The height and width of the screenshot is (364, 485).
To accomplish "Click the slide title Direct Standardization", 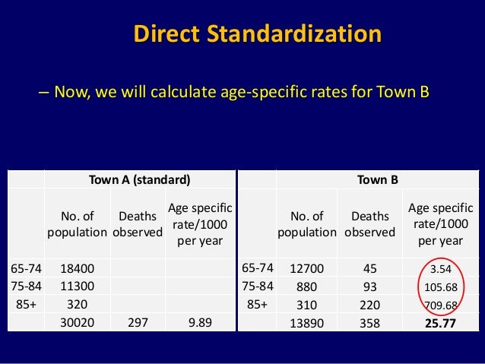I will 257,34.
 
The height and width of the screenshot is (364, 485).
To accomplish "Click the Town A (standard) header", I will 139,180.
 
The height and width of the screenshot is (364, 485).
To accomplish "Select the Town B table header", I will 377,180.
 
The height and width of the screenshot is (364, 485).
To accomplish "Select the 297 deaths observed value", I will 138,322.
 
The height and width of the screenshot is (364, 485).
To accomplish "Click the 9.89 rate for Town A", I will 200,322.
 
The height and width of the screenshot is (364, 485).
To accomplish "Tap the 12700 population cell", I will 307,269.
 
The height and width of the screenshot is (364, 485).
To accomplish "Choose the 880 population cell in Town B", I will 307,286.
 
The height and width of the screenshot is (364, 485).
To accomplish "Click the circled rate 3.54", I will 441,270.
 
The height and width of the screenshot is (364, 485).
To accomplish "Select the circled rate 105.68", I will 441,287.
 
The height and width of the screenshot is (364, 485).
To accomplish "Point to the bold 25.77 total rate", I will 441,322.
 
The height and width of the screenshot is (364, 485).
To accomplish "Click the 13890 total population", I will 307,322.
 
